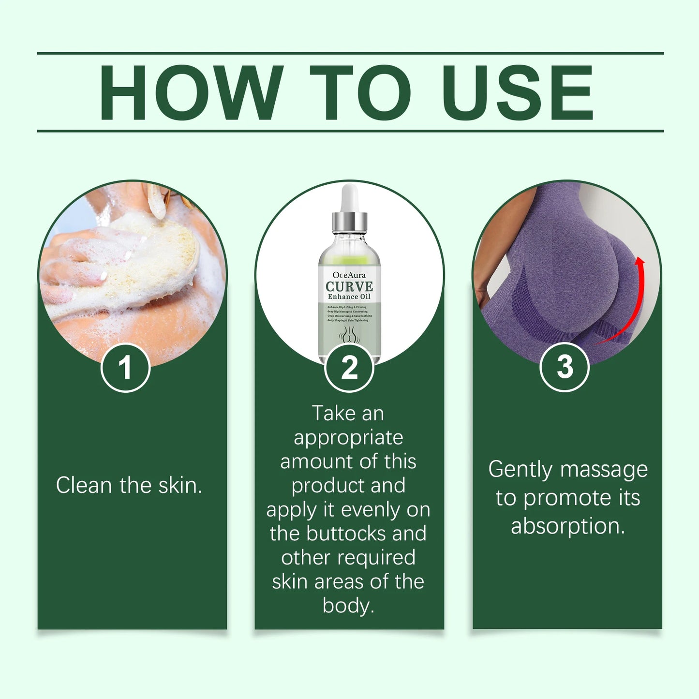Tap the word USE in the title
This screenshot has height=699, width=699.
(517, 92)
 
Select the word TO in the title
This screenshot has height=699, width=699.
(360, 92)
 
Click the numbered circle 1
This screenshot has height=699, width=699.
(125, 368)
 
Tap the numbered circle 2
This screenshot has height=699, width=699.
(349, 368)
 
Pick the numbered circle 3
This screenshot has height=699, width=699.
(564, 367)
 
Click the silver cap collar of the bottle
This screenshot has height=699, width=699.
(349, 222)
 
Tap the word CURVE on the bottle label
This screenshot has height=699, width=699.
(349, 286)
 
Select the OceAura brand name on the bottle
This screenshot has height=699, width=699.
(349, 275)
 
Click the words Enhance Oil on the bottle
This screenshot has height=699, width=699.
(349, 297)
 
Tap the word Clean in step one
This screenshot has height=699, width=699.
(84, 485)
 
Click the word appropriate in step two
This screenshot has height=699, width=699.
(348, 438)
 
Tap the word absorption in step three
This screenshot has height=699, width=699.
(568, 526)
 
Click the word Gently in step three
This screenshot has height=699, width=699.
(520, 470)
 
